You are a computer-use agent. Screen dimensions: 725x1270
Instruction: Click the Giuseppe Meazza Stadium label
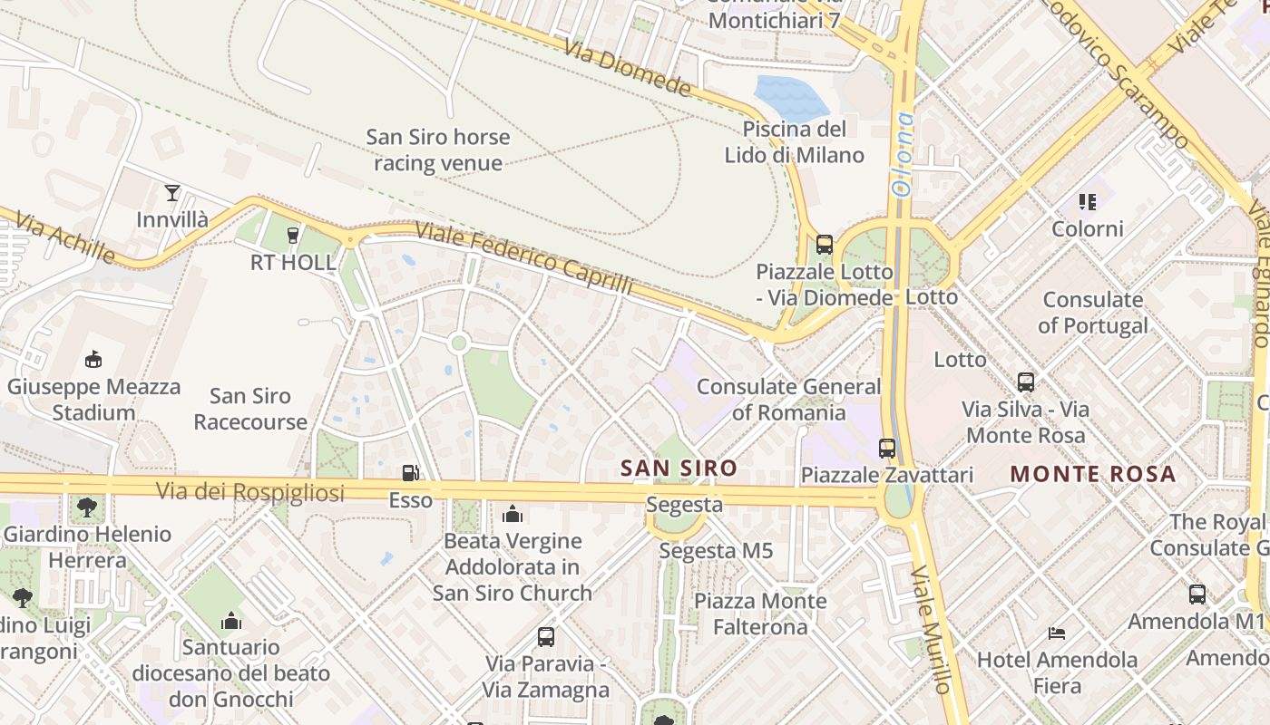tap(93, 400)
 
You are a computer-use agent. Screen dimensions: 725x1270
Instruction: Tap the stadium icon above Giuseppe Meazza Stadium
tap(93, 360)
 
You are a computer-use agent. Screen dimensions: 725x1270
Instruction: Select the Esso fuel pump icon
tap(411, 472)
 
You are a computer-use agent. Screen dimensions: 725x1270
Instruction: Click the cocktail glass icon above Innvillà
tap(172, 192)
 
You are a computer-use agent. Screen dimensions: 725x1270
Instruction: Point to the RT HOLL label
tap(293, 263)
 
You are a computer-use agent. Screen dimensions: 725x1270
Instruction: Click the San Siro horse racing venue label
tap(438, 150)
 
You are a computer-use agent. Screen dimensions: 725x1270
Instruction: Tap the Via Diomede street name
tap(628, 68)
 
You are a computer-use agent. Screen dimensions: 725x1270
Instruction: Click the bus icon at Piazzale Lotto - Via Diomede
tap(824, 244)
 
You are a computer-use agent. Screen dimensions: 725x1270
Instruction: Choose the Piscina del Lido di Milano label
tap(794, 141)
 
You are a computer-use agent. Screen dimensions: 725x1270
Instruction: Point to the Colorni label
tap(1087, 228)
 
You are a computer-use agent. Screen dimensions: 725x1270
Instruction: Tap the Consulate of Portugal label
tap(1092, 312)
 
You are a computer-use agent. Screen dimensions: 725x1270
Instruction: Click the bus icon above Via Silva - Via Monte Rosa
tap(1026, 382)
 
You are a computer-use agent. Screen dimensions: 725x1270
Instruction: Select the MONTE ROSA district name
tap(1092, 473)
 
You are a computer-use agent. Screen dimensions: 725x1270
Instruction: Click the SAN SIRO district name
tap(679, 469)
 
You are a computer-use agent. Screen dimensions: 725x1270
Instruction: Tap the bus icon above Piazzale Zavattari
tap(887, 448)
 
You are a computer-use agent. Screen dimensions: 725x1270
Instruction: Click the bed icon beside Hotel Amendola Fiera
tap(1056, 632)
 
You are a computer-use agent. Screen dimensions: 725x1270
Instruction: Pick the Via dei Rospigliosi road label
tap(250, 492)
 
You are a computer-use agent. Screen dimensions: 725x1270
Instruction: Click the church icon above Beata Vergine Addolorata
tap(513, 515)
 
